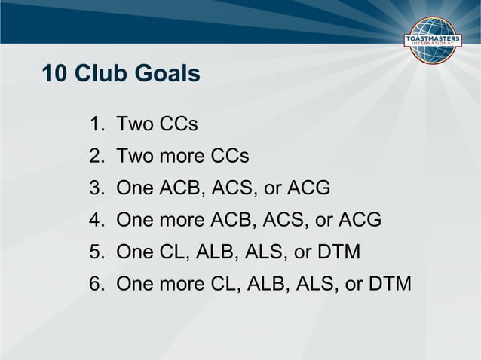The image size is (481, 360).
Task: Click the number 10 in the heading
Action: pos(54,75)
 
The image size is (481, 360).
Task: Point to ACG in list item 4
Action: pos(357,221)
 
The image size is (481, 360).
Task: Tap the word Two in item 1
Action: pos(135,124)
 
